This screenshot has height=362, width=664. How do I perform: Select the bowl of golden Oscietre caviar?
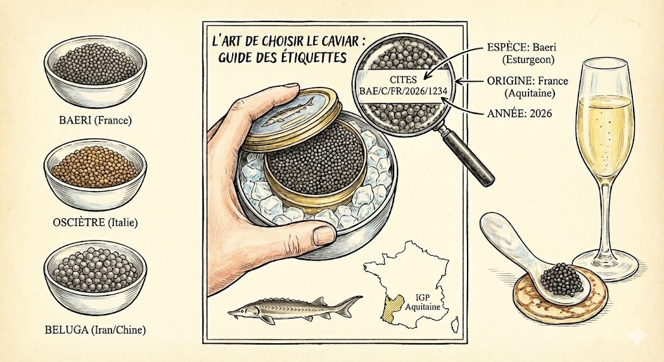coord(95,174)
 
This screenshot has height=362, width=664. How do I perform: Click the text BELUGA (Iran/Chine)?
coord(95,330)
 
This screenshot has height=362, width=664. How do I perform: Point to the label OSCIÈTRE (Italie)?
coord(95,222)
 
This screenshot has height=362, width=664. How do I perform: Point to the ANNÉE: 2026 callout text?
coord(519,113)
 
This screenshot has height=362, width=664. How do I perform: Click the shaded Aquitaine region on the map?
coord(388,309)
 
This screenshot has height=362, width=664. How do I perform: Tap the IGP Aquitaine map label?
coord(423,302)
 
